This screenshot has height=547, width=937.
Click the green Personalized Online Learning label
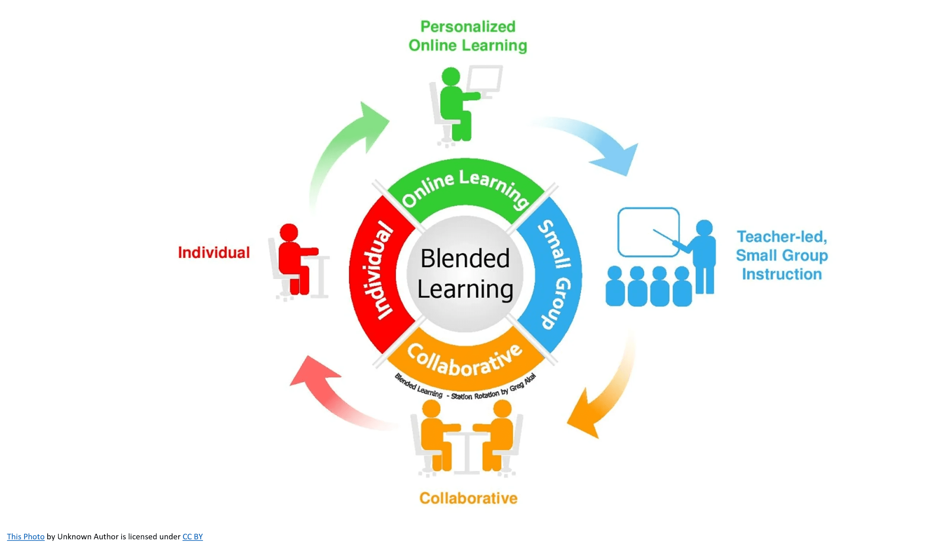[468, 36]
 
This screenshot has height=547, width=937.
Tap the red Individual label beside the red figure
[214, 253]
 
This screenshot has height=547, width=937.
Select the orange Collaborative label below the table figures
[468, 498]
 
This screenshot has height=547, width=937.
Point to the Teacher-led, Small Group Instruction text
[782, 255]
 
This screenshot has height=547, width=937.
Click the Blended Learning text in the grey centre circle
[465, 274]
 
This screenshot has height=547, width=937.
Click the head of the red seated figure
[288, 232]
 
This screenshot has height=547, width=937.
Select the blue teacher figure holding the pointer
[704, 257]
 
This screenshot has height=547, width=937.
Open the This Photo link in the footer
[26, 537]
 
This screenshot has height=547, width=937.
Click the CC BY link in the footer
[192, 537]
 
